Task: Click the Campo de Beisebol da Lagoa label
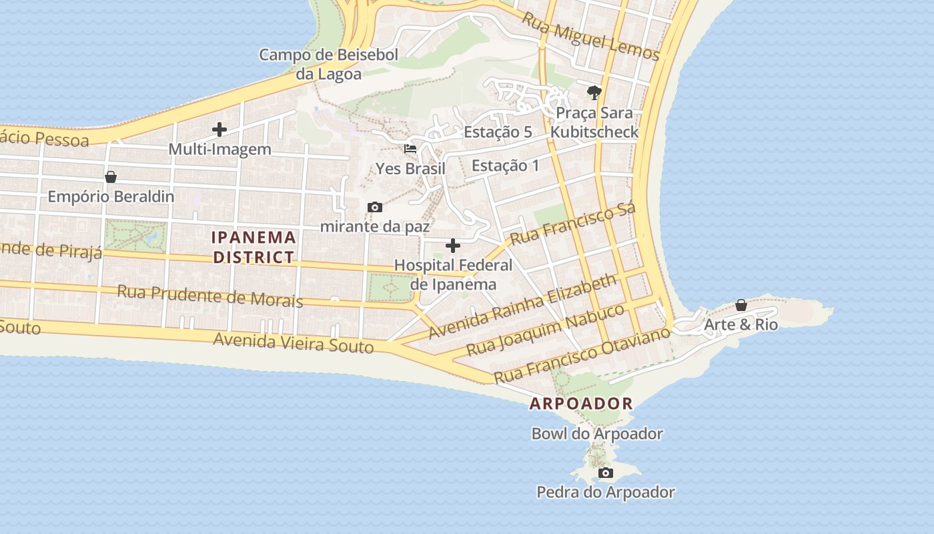coord(328,64)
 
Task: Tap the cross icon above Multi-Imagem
coord(219,129)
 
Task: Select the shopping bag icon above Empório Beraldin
coord(111,177)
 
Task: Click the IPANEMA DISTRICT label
coord(254,247)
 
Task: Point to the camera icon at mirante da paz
coord(375,208)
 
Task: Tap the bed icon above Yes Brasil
coord(410,149)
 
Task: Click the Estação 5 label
coord(498,132)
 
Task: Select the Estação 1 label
coord(505,166)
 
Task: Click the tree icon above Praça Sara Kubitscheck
coord(594,92)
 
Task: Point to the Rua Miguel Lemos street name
coord(590,37)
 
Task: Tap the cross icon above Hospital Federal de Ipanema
coord(453,246)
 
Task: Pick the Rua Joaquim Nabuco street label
coord(545,330)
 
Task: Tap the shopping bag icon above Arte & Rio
coord(741,305)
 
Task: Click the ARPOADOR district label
coord(581,404)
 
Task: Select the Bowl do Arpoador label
coord(597,434)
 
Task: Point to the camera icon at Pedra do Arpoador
coord(606,473)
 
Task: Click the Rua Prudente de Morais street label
coord(210,296)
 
